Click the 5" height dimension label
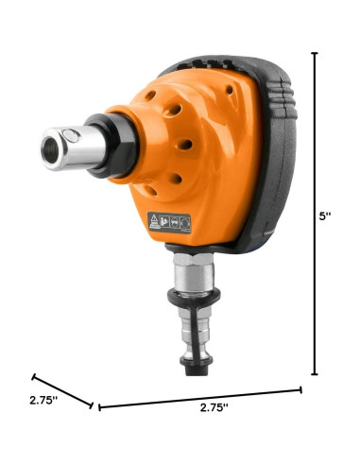coord(326,215)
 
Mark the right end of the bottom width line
coord(300,388)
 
